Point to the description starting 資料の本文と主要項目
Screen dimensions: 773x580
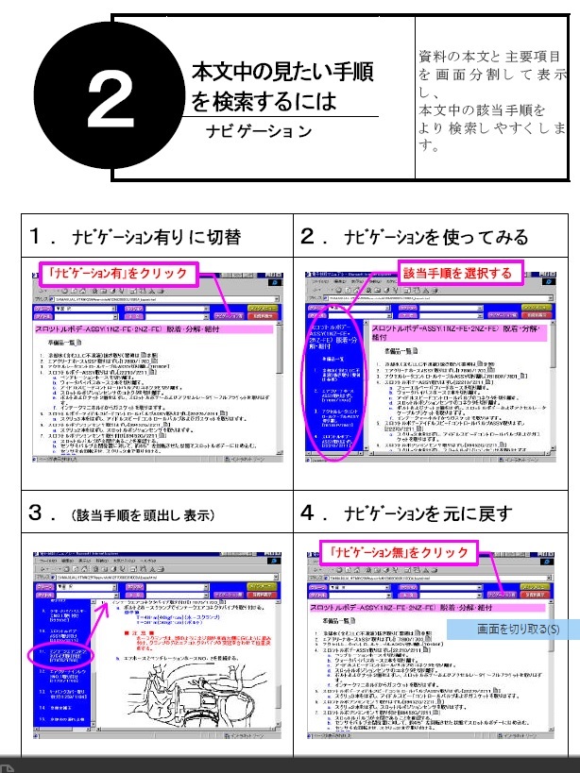pyautogui.click(x=492, y=58)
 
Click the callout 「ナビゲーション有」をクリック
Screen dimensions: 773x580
pyautogui.click(x=121, y=275)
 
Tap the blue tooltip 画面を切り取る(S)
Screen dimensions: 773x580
pyautogui.click(x=516, y=630)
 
